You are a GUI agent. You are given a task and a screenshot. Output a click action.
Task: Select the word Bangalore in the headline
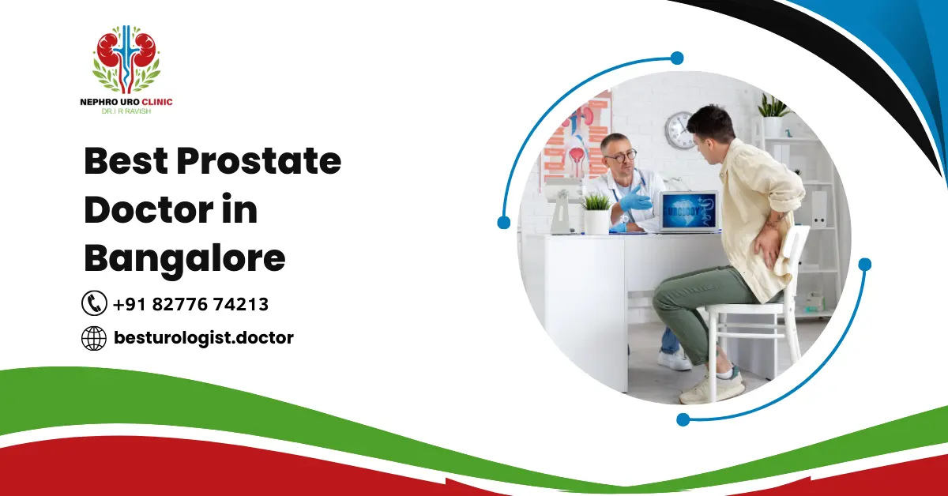pos(184,258)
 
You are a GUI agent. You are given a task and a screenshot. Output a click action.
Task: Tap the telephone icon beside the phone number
pos(94,303)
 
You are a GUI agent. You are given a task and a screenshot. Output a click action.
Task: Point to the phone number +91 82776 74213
pos(190,304)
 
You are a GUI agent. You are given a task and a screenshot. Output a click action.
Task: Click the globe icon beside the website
pos(94,338)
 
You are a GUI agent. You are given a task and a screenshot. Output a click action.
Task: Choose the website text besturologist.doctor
pos(203,338)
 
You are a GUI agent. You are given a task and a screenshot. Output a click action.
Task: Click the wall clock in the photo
pos(680,130)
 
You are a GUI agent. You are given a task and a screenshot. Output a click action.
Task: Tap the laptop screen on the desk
pos(689,212)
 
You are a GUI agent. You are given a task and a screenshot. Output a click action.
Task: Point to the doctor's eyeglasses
pos(620,156)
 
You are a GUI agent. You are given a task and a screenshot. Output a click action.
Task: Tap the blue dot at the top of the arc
pos(676,58)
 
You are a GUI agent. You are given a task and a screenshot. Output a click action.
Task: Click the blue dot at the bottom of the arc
pos(683,419)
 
